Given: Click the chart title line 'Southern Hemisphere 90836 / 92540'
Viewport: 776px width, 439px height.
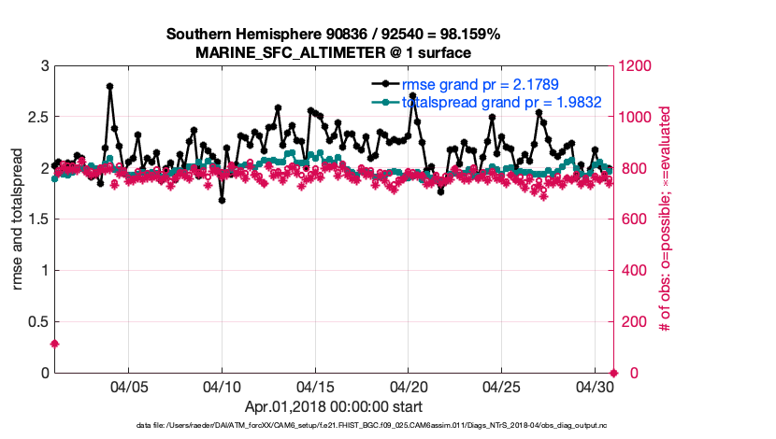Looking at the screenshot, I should (x=333, y=35).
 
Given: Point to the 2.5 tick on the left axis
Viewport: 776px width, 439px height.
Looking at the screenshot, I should (x=38, y=117).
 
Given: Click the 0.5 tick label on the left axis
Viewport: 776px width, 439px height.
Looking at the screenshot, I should (x=38, y=321).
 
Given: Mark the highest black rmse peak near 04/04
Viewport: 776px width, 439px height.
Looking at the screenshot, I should (x=109, y=86).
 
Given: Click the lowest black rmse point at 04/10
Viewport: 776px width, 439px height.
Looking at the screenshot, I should (x=222, y=200).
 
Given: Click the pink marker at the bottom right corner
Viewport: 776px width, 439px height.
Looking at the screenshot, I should (x=613, y=373).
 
